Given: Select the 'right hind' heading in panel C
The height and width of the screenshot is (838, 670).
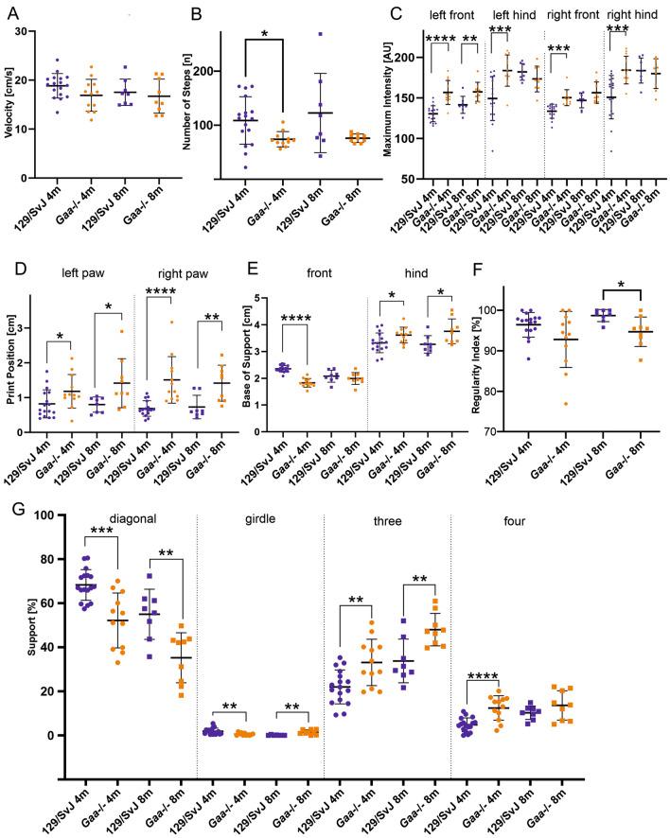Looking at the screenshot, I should coord(634,14).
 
